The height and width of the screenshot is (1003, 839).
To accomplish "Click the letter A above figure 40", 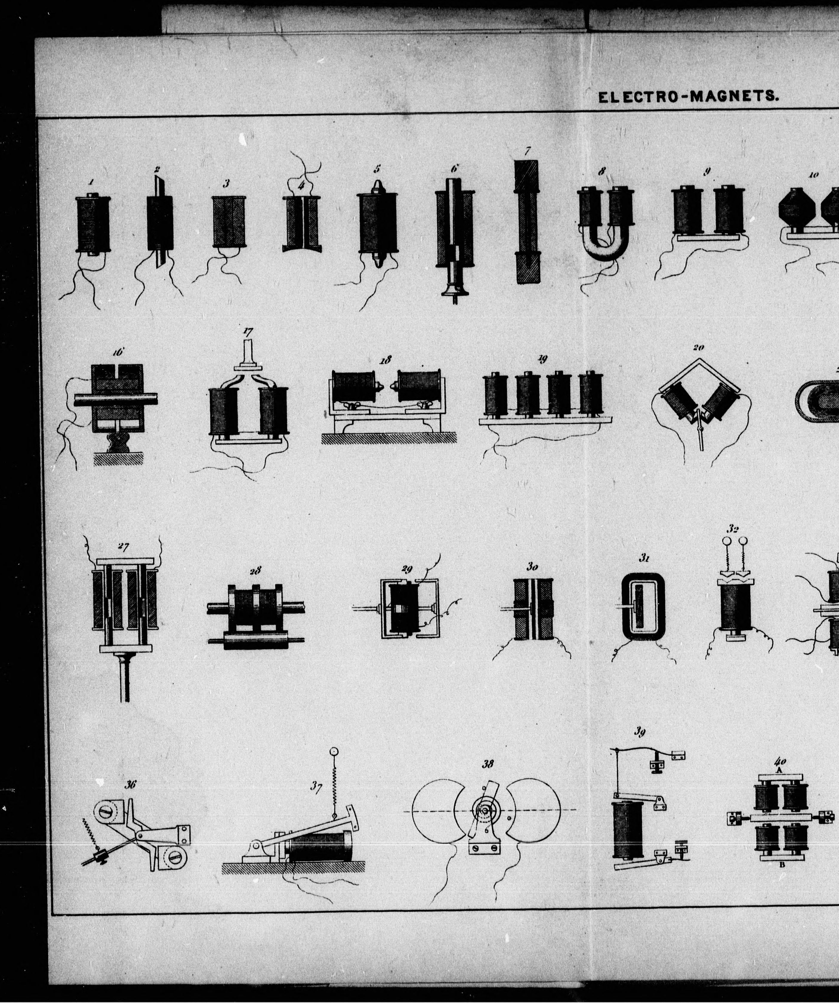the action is [778, 770].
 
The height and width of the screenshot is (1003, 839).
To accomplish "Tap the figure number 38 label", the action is [488, 764].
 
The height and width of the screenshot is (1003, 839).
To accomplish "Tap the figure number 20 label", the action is [698, 348].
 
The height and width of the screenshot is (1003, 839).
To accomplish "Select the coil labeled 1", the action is [92, 223].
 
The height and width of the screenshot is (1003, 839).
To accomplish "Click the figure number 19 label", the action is [542, 359].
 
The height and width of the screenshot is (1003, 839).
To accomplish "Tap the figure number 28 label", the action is [255, 570].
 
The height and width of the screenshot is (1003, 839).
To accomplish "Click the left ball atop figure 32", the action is [727, 541].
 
